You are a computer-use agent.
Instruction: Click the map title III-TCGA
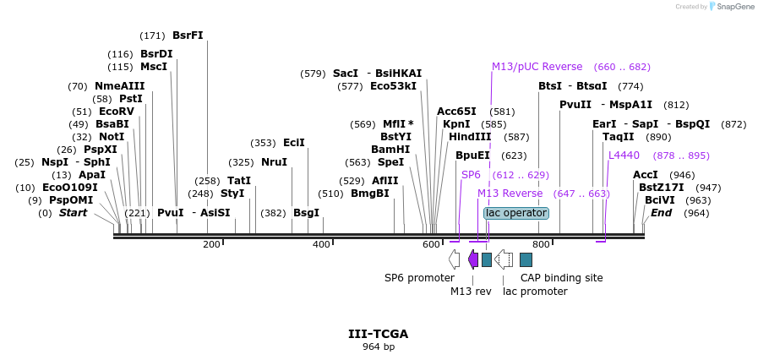[378, 334]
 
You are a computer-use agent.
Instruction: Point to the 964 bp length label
[378, 346]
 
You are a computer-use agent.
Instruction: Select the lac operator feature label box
[516, 213]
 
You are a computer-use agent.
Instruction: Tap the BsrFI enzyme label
[188, 35]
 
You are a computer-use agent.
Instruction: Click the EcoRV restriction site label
[117, 111]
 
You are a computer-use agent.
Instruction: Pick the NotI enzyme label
[111, 136]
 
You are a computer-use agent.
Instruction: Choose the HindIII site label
[470, 136]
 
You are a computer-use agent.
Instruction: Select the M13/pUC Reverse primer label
[537, 67]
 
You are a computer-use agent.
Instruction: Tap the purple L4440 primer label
[624, 155]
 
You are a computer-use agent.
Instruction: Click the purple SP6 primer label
[471, 174]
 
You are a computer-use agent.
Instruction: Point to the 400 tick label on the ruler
[322, 244]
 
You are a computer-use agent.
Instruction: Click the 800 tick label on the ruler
[541, 244]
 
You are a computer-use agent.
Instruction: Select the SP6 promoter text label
[419, 277]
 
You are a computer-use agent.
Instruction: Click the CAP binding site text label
[561, 277]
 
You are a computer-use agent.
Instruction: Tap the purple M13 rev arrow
[473, 259]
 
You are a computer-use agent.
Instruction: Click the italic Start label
[73, 213]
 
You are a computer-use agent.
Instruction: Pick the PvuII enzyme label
[575, 105]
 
